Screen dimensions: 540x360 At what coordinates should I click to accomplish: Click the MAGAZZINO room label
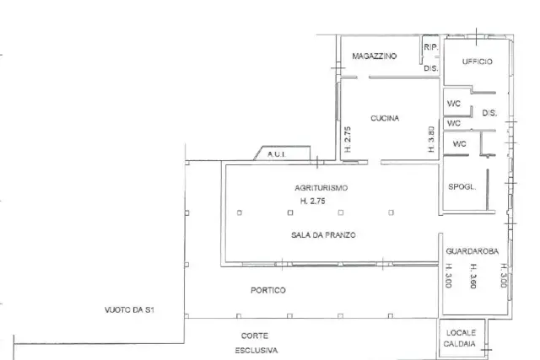tap(375, 56)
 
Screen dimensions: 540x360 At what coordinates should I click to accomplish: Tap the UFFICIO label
tap(478, 62)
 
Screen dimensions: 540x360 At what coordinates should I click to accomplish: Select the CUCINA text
tap(385, 118)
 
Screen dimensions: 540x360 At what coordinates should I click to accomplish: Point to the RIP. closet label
tap(431, 47)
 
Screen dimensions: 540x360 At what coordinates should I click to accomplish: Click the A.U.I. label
tap(277, 154)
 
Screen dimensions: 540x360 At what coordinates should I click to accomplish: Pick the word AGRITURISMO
tap(321, 188)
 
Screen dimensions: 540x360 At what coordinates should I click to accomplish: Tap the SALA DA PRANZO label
tap(323, 235)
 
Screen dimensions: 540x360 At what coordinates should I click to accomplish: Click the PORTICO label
tap(268, 291)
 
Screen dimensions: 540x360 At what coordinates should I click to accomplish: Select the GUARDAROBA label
tap(472, 251)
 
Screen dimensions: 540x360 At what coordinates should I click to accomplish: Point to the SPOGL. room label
tap(462, 187)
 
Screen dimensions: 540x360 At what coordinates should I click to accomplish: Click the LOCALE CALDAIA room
tap(461, 338)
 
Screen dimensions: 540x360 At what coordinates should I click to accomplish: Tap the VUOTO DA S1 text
tap(129, 310)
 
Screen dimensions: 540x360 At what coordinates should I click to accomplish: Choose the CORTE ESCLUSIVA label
tap(256, 343)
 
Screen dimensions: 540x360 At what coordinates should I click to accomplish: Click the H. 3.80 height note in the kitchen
tap(431, 139)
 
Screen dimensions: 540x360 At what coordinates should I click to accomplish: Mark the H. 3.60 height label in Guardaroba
tap(474, 276)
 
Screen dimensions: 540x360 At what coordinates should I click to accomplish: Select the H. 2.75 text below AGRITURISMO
tap(313, 201)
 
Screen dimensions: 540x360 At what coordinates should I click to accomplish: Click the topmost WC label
tap(454, 104)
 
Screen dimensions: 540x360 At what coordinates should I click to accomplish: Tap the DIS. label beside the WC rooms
tap(489, 113)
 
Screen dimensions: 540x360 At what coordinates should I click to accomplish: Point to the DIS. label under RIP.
tap(431, 68)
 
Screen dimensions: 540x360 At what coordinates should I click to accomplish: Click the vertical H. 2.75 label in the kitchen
tap(348, 139)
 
